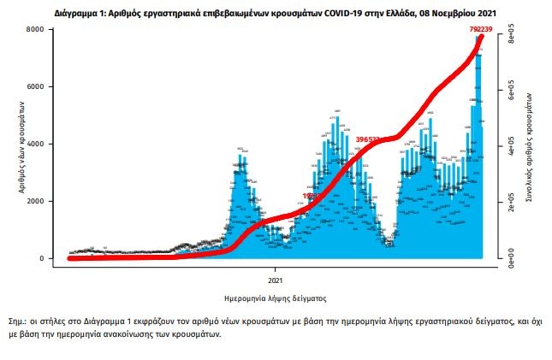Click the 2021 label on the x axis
(x=276, y=280)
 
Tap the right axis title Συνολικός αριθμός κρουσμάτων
(x=531, y=145)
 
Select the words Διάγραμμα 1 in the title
(x=81, y=14)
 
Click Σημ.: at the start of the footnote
(x=16, y=321)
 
